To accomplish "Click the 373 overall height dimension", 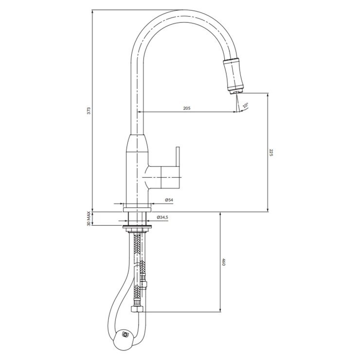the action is click(90, 110).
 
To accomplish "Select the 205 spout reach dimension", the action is click(187, 108).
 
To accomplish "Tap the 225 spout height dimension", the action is click(270, 153).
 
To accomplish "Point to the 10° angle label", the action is click(245, 106).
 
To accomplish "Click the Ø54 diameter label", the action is click(169, 200).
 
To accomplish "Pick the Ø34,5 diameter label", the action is click(163, 217).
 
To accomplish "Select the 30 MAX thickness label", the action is click(89, 219).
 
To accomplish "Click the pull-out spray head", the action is click(233, 74).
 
